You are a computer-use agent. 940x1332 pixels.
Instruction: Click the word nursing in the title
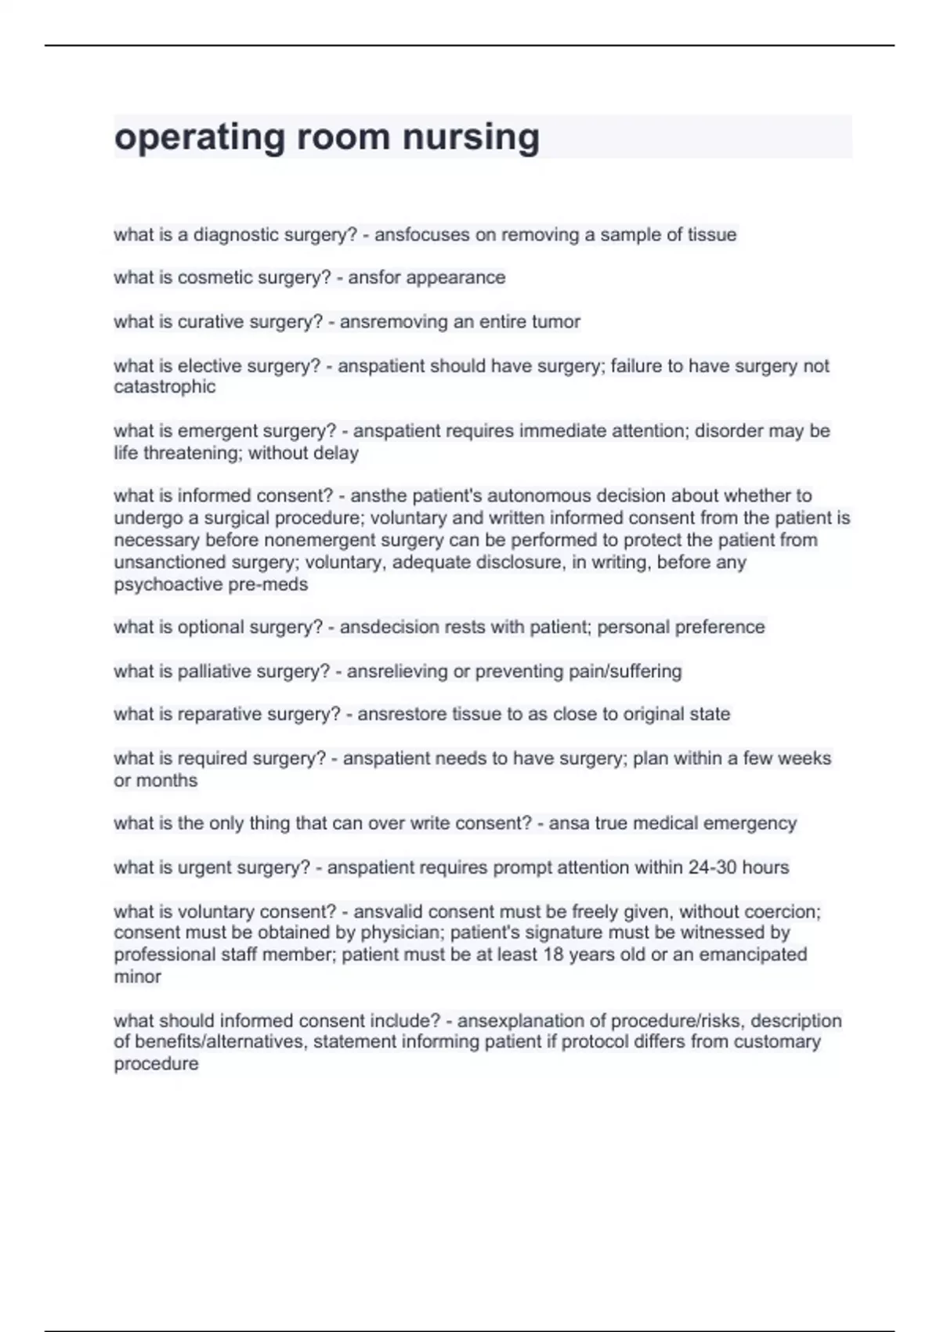471,138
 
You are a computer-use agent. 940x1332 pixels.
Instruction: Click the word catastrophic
164,386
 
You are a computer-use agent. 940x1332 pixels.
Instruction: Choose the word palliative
215,671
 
